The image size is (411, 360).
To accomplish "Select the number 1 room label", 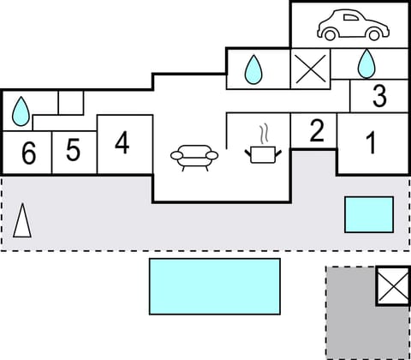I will (x=371, y=143).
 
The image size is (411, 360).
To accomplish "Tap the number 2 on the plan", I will (x=317, y=131).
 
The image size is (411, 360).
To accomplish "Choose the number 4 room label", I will (x=122, y=143).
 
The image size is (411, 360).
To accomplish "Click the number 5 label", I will (x=73, y=151).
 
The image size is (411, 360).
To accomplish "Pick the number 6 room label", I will (x=28, y=154).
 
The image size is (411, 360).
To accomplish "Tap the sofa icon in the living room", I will (x=194, y=156).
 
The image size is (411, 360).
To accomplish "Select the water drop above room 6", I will (x=21, y=110).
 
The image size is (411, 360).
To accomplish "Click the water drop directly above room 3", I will (x=366, y=63).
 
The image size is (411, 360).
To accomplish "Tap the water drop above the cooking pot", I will (x=253, y=69).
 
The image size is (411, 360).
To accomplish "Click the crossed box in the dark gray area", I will (x=392, y=285).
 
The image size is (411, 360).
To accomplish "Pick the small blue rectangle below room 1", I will (x=368, y=214).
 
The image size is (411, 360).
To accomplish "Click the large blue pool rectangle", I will (x=215, y=285).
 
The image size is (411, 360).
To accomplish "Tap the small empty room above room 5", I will (x=71, y=102).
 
